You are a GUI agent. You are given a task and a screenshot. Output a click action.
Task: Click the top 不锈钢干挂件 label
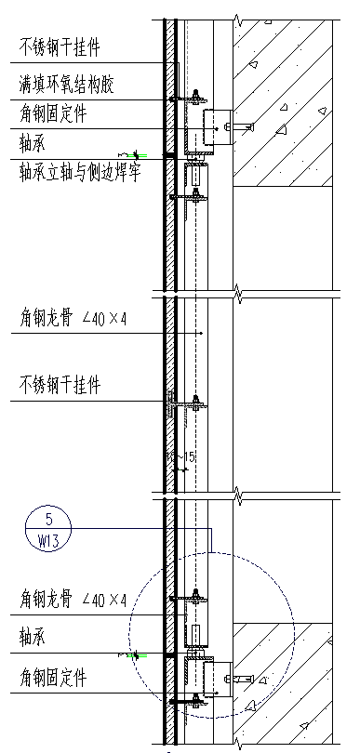pos(60,46)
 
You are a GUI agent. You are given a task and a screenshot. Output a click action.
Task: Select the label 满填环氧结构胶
pos(68,86)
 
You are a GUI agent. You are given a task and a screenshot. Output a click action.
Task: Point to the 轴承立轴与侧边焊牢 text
pos(80,173)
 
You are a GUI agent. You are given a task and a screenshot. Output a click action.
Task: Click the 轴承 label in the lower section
pos(33,638)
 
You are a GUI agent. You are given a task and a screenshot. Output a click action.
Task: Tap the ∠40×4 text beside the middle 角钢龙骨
pos(104,319)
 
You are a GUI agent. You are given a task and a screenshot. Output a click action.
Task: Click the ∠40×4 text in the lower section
pos(104,601)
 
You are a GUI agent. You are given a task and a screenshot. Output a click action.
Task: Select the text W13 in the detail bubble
pos(49,539)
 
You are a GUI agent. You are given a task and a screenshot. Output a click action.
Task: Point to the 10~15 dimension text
pos(180,456)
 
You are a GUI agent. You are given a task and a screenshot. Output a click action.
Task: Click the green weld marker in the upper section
pos(137,154)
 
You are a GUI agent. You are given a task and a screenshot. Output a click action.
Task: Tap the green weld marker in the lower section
pos(137,655)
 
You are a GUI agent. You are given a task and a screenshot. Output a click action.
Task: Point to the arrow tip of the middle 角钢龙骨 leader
pos(201,333)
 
